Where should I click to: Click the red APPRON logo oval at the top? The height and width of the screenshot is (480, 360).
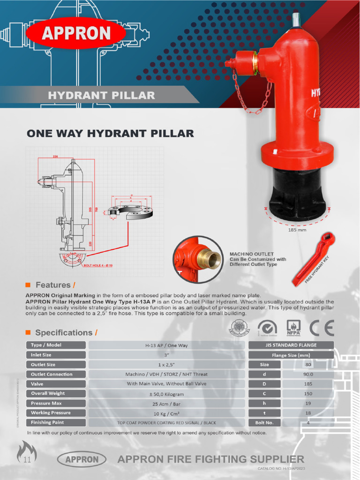tap(76, 33)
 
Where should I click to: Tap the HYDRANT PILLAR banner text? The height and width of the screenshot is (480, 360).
tap(101, 96)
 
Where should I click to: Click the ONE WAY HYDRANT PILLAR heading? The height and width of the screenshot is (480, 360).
tap(110, 134)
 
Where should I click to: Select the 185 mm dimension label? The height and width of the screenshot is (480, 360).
tap(297, 230)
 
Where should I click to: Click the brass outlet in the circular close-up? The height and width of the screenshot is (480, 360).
tap(210, 258)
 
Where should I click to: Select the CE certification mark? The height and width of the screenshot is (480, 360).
tap(322, 328)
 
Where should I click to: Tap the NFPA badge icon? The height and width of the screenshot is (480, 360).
tap(293, 328)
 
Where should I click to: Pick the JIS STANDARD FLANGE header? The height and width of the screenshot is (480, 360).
tap(290, 345)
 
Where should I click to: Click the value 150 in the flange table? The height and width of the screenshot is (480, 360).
tap(307, 393)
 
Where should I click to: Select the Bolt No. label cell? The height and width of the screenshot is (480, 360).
tap(264, 422)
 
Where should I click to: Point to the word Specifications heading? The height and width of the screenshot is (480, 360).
tap(64, 332)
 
